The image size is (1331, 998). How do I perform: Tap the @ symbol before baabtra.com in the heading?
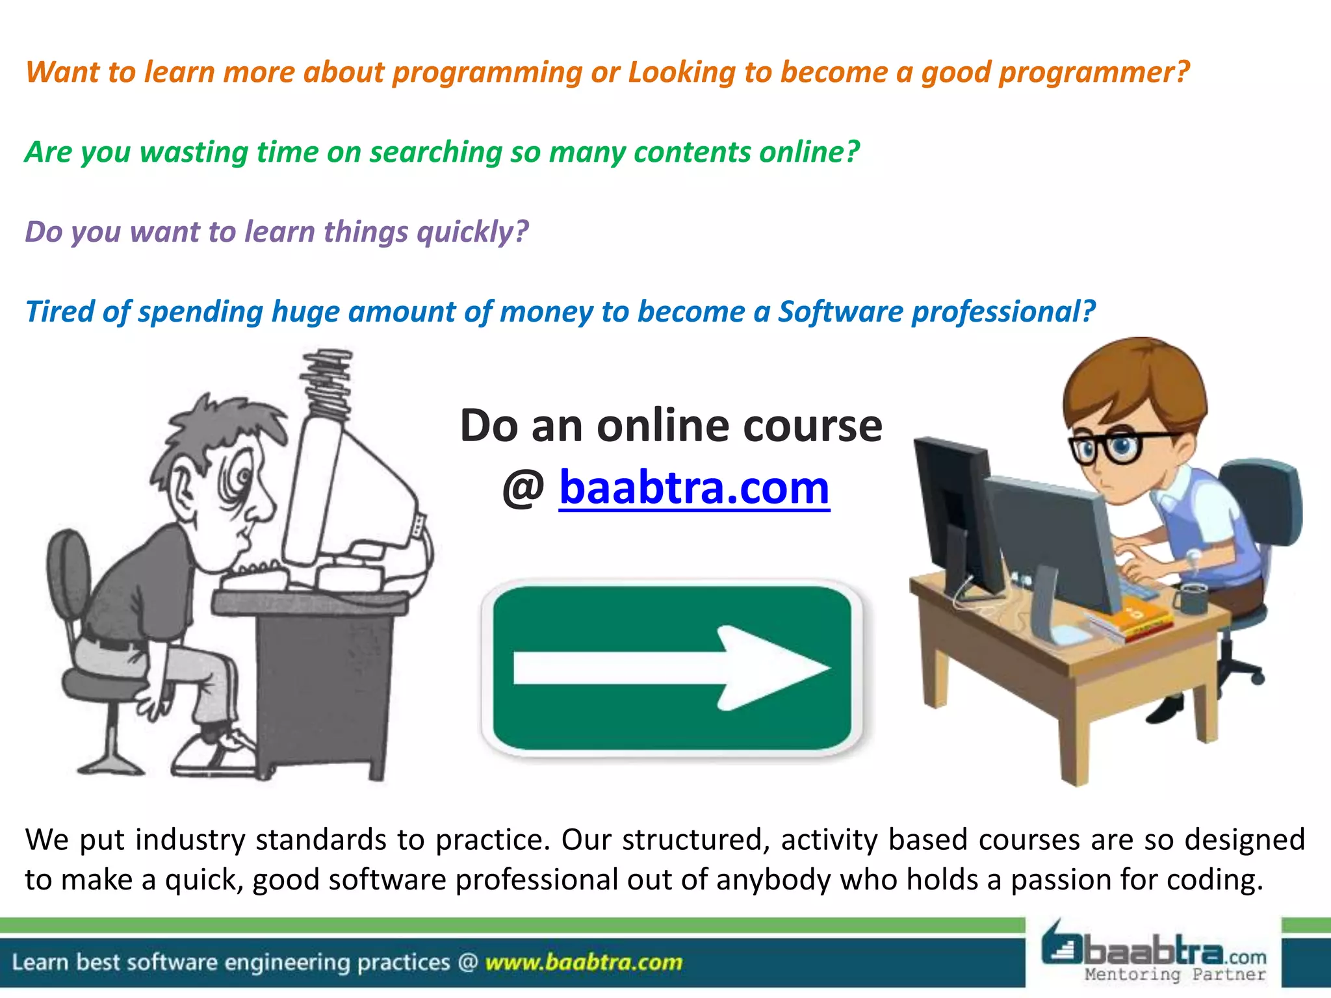(523, 489)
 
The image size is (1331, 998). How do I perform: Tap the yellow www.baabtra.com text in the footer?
(584, 962)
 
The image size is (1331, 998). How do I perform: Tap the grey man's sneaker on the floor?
(214, 754)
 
